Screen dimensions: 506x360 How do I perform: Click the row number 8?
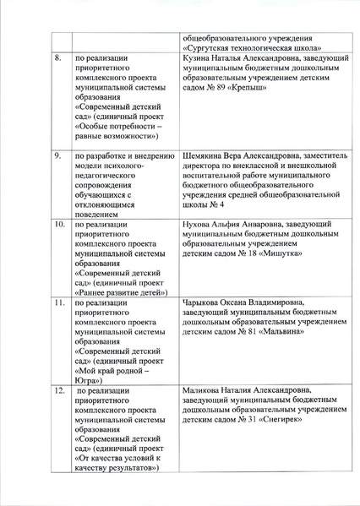pos(57,58)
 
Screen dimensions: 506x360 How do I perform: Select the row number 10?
pos(59,225)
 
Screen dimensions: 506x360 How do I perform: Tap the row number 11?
pos(59,302)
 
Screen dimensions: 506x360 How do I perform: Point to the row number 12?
pos(59,390)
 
